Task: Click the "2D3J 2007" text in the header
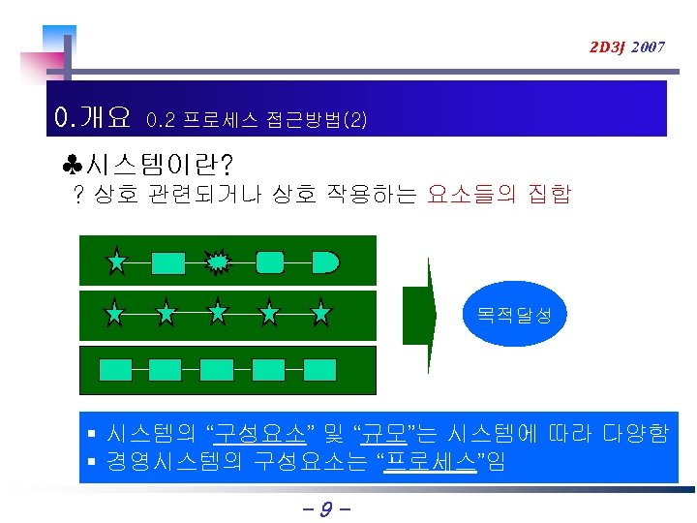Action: coord(627,46)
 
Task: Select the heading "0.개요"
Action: coord(94,118)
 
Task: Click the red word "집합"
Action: coord(549,195)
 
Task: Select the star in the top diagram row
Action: coord(116,261)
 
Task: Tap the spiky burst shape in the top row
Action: coord(219,261)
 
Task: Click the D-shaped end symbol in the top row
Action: coord(326,261)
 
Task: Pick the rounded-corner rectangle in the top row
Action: coord(270,261)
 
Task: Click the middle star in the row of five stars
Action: coord(219,313)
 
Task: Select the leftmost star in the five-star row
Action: coord(115,313)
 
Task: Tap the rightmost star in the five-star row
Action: coord(321,313)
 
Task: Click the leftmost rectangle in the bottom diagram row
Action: coord(116,368)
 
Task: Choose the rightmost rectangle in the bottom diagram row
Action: coord(320,368)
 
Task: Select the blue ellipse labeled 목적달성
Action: coord(513,315)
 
